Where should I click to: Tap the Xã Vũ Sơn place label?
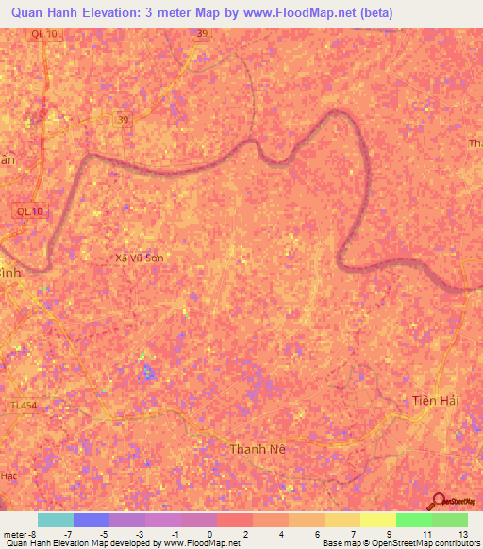[x=140, y=257]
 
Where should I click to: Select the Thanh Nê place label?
[x=258, y=449]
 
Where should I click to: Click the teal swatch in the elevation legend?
[x=56, y=520]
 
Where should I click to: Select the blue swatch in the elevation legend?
[x=92, y=520]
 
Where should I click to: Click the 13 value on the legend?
[x=461, y=534]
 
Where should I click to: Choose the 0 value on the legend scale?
[x=209, y=534]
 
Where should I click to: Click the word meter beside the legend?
[x=15, y=534]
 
